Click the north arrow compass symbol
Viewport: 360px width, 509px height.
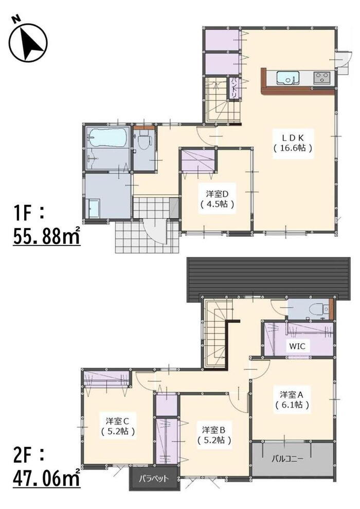pyautogui.click(x=28, y=42)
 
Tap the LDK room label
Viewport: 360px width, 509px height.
pyautogui.click(x=293, y=136)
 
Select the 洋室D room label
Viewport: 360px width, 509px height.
pyautogui.click(x=218, y=194)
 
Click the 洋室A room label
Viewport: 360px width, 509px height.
pyautogui.click(x=292, y=395)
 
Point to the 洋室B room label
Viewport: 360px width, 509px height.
pyautogui.click(x=214, y=430)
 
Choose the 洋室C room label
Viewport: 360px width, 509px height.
pyautogui.click(x=117, y=421)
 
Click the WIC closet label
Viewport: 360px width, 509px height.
pyautogui.click(x=297, y=346)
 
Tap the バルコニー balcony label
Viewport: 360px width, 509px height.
pyautogui.click(x=287, y=459)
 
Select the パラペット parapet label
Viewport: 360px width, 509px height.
pyautogui.click(x=154, y=479)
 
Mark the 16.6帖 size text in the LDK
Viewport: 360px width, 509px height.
pyautogui.click(x=293, y=148)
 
